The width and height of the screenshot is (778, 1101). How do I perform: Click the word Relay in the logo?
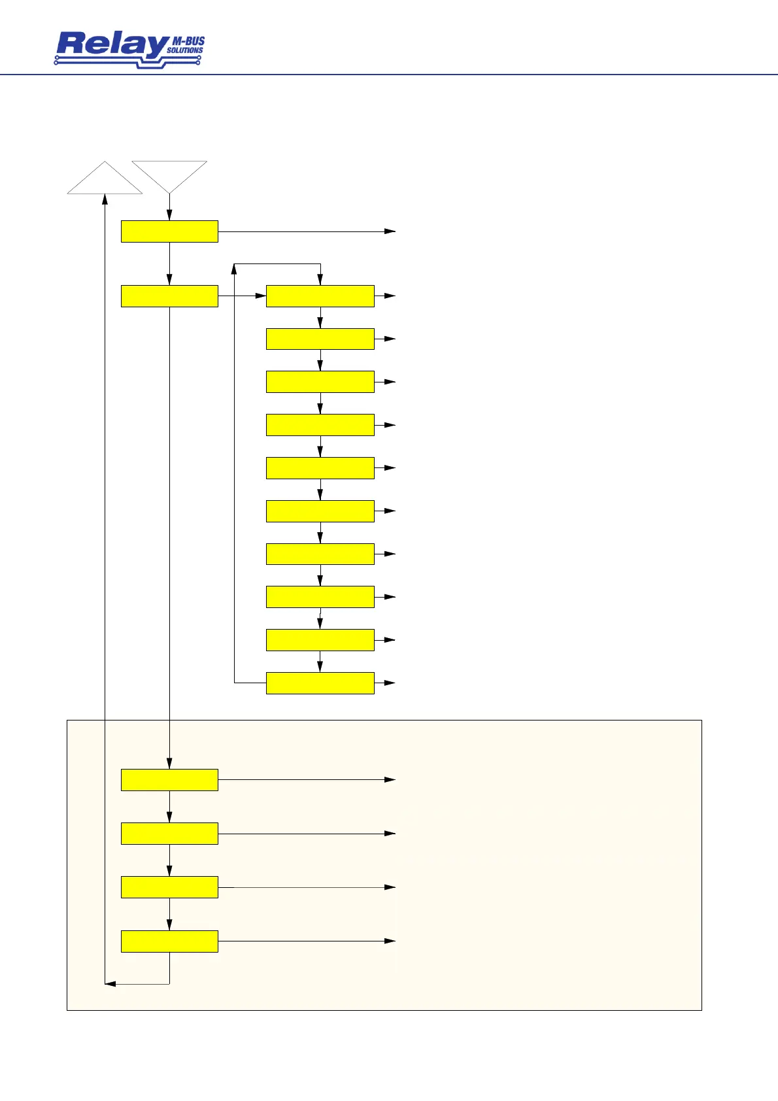tap(111, 45)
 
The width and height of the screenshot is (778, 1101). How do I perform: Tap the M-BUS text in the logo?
tap(188, 41)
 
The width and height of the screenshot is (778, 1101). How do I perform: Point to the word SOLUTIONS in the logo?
tap(185, 50)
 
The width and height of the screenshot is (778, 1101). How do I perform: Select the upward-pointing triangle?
tap(105, 180)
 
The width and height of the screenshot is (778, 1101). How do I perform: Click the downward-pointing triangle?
tap(169, 173)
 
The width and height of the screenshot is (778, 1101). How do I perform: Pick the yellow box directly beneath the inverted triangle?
tap(169, 231)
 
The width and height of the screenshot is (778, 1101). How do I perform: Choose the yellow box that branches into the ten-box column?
tap(169, 296)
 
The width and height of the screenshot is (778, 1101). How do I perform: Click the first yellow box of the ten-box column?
tap(320, 296)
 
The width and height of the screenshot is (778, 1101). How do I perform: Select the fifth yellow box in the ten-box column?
tap(320, 468)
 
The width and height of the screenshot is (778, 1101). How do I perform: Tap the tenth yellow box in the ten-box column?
tap(320, 683)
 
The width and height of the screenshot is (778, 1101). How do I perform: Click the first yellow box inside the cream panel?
tap(169, 780)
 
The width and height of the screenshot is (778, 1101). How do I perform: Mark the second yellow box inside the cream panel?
tap(169, 834)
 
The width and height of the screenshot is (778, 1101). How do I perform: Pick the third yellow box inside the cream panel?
tap(169, 887)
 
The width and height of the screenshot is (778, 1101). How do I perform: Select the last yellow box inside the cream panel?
tap(169, 941)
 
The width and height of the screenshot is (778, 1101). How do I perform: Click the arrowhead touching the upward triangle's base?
tap(105, 199)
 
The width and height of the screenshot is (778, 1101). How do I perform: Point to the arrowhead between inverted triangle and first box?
tap(169, 216)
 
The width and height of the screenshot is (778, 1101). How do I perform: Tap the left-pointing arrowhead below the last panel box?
tap(110, 984)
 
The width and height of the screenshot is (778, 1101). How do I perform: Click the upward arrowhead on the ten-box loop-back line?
tap(234, 269)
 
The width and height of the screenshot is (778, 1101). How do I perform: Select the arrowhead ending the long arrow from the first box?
tap(390, 231)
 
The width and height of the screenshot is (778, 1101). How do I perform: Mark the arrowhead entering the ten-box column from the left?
tap(261, 296)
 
